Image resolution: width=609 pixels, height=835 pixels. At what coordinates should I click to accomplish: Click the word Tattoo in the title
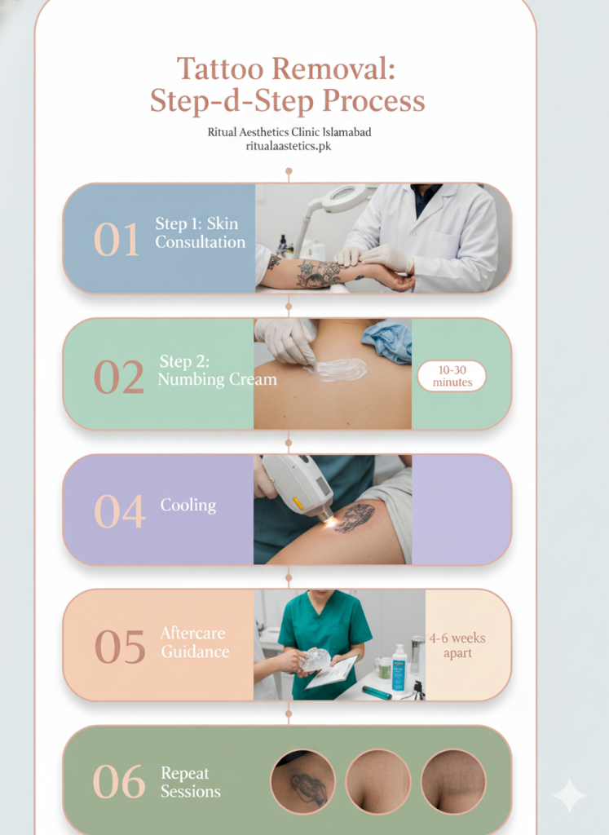pos(220,68)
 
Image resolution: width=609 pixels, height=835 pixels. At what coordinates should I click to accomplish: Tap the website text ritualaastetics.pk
pos(289,146)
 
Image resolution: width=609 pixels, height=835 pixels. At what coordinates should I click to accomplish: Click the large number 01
pos(117,240)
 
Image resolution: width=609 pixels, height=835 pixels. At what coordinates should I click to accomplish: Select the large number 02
pos(119,377)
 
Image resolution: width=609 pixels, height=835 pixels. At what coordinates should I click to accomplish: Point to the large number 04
pos(119,511)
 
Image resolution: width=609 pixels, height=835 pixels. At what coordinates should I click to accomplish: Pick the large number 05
pos(120,647)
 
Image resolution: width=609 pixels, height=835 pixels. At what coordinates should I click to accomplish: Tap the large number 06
pos(119,782)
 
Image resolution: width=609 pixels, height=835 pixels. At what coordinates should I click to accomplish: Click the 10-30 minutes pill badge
pos(452,376)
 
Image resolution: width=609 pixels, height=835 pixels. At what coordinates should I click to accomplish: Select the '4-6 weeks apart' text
pos(457,646)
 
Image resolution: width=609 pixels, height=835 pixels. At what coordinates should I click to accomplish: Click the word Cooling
pos(188,505)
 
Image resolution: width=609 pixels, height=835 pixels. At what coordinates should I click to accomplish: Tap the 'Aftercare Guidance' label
pos(195,643)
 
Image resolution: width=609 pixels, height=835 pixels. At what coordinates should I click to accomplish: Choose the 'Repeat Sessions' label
pos(191,782)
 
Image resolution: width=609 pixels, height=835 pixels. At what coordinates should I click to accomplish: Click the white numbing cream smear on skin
pos(337,369)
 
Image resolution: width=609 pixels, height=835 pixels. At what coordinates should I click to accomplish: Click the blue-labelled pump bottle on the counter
pos(399,668)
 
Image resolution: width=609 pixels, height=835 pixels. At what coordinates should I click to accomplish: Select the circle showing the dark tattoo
pos(303,782)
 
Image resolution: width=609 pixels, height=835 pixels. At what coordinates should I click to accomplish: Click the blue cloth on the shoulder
pos(388,341)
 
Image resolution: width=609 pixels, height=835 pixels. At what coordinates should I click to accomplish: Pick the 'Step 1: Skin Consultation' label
pos(201,232)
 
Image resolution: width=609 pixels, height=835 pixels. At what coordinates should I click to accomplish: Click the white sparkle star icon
pos(569,795)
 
